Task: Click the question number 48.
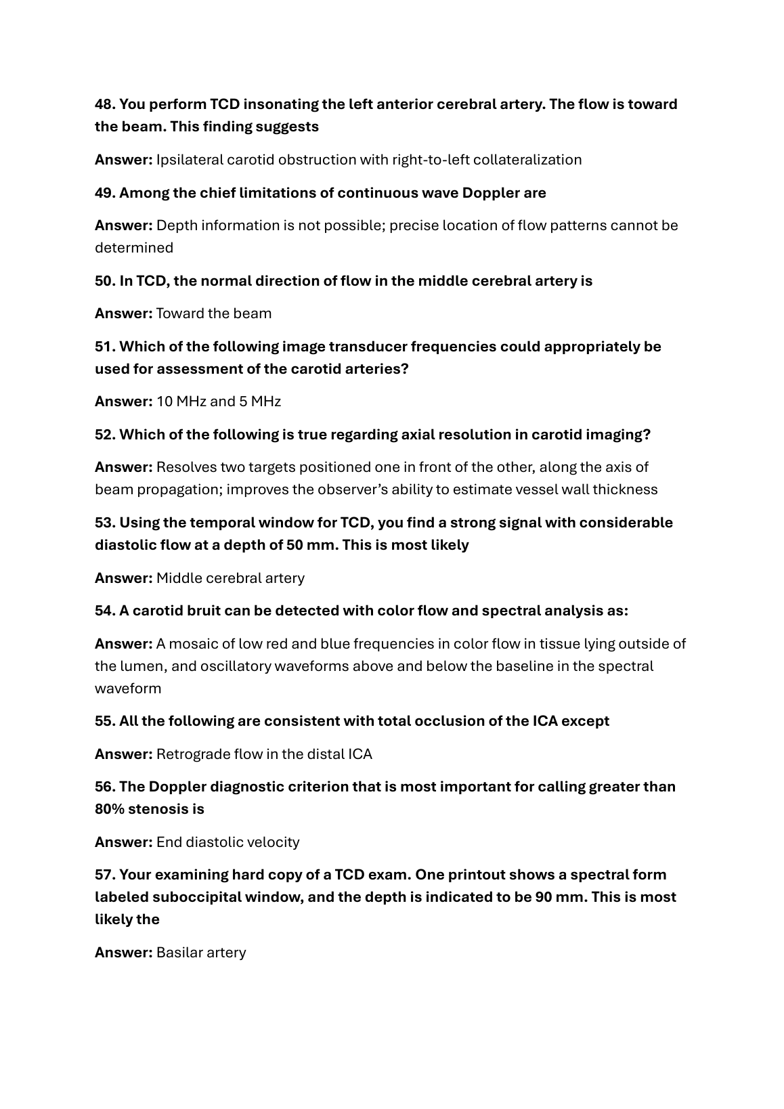point(105,104)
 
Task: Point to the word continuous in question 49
point(376,193)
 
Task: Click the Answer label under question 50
point(123,313)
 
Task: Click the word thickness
point(625,490)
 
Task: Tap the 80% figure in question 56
point(109,809)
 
